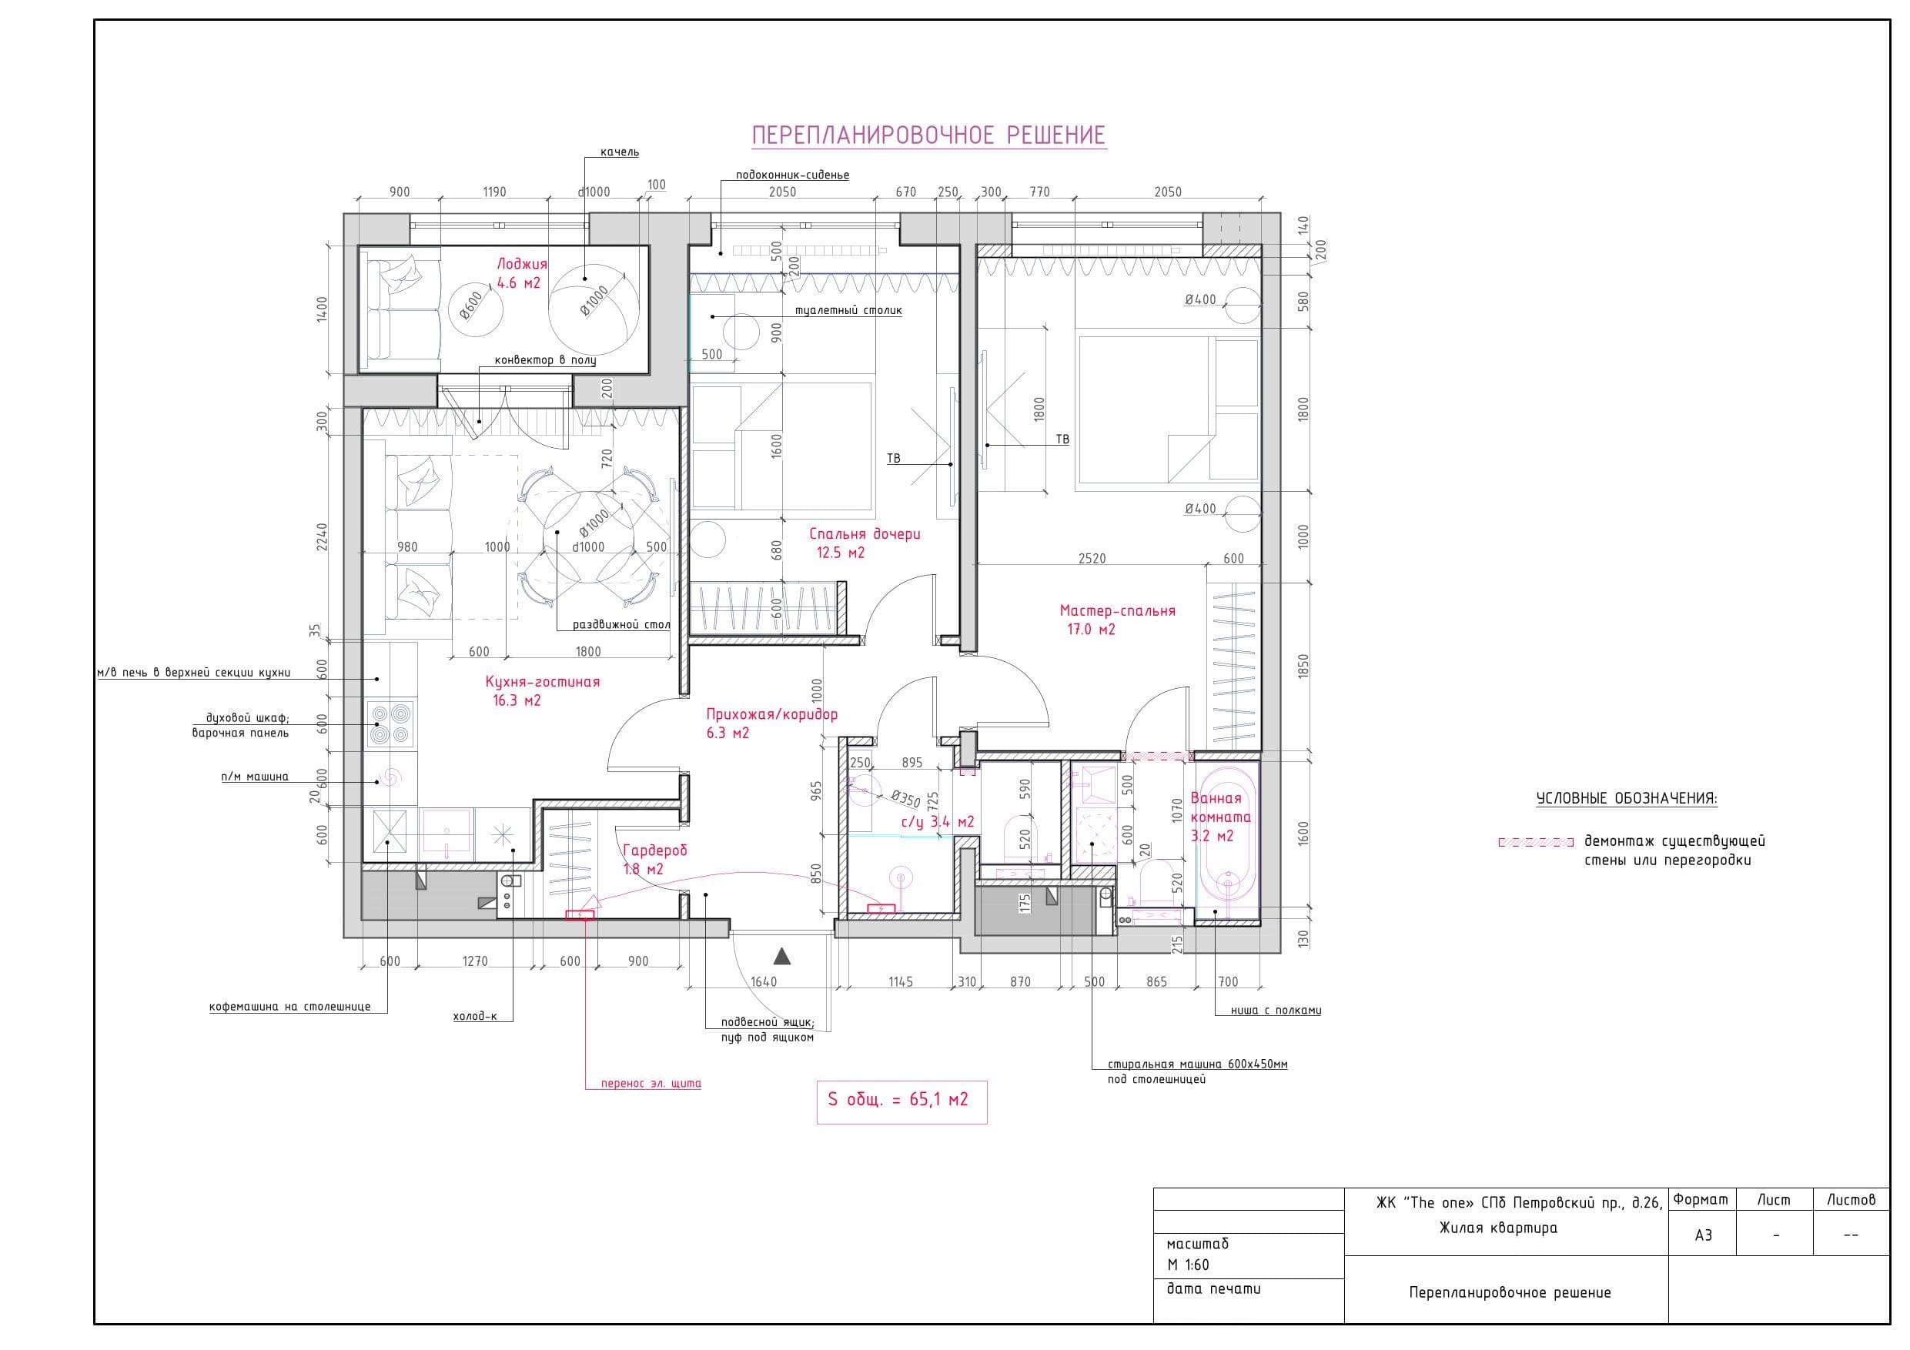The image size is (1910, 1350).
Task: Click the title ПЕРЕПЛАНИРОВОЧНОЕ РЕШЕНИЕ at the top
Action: coord(928,135)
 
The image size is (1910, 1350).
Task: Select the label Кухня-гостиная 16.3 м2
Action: coord(543,690)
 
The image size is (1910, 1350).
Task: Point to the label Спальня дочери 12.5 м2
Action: coord(865,543)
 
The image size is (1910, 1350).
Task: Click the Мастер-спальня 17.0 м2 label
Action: coord(1117,620)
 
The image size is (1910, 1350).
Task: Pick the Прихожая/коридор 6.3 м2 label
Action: coord(771,723)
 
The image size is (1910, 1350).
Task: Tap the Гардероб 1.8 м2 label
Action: coord(654,860)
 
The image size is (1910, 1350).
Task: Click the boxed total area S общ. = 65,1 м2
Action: coord(901,1100)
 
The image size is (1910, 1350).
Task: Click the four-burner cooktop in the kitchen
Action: coord(391,724)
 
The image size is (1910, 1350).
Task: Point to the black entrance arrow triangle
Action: coord(781,956)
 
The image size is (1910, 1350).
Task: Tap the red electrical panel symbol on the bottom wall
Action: coord(580,915)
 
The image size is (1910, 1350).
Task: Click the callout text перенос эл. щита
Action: coord(651,1084)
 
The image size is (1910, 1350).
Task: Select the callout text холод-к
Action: coord(474,1016)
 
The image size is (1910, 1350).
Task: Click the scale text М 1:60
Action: coord(1188,1265)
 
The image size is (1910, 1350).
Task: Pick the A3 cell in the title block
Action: coord(1704,1235)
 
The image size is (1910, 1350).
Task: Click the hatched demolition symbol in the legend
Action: coord(1536,842)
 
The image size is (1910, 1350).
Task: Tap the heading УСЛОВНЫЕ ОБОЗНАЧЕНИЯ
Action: coord(1627,798)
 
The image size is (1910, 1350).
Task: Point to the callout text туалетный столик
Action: coord(848,310)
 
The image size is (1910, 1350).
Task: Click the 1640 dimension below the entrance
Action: coord(764,981)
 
